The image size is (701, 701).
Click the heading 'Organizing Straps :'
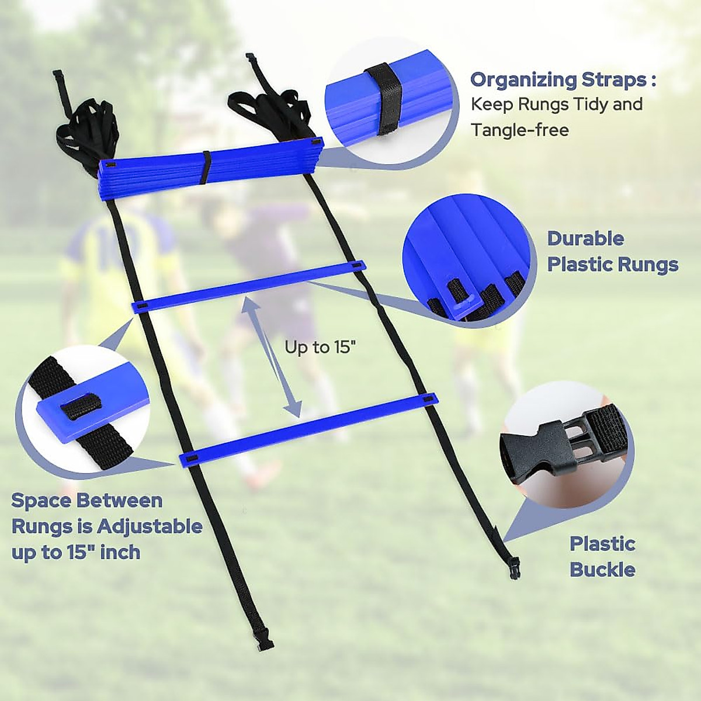(x=563, y=80)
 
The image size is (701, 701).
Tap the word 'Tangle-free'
(x=520, y=130)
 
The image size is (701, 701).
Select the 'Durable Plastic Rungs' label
(x=612, y=252)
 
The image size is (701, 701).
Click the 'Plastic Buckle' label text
(x=602, y=556)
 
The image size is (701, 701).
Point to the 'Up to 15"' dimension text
(x=320, y=348)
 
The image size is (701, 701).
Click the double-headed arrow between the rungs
(x=273, y=357)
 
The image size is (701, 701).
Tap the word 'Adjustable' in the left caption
(x=150, y=526)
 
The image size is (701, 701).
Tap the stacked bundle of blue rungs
(x=210, y=169)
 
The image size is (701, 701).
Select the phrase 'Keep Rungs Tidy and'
(x=557, y=105)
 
